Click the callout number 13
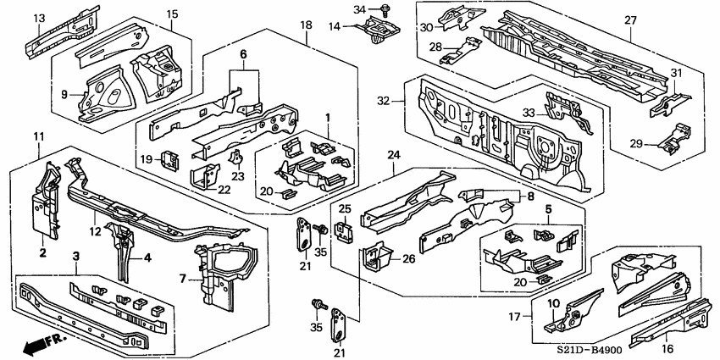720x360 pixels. pos(40,19)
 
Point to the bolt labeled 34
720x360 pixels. pos(385,8)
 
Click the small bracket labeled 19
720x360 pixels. pos(171,160)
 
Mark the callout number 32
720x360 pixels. pos(384,100)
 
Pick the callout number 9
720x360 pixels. pos(64,94)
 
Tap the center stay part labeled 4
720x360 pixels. pos(123,250)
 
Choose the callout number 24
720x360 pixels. pos(394,155)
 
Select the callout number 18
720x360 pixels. pos(307,25)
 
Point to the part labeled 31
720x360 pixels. pos(670,104)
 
